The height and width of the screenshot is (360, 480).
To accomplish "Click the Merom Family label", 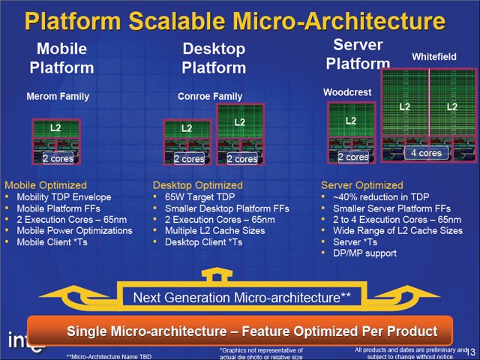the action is tap(58, 97).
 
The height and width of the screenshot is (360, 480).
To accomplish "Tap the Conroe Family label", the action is tap(210, 97).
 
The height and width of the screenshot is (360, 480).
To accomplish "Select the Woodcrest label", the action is tap(347, 92).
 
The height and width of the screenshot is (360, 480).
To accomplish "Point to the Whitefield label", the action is tap(434, 57).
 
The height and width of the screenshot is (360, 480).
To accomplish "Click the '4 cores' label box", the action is tap(426, 153).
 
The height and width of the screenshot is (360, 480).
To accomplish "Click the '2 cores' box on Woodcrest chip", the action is tap(353, 157).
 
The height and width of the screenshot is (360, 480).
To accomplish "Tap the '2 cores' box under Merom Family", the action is tap(58, 158).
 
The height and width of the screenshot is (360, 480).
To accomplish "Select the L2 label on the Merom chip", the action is tap(55, 127).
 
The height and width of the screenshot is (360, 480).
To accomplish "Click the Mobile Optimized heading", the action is tap(46, 185).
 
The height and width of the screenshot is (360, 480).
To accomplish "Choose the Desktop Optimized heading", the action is tap(198, 185).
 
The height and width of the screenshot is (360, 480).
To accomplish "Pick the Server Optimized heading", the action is tap(361, 185).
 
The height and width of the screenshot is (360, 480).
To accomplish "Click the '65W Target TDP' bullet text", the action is tap(200, 196).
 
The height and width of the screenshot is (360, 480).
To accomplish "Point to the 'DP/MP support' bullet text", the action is tap(365, 253).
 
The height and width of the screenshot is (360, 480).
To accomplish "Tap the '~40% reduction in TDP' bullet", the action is tap(381, 196).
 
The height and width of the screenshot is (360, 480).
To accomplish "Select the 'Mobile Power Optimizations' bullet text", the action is tap(74, 230).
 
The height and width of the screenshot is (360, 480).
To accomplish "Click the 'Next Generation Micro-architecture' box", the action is tap(241, 297).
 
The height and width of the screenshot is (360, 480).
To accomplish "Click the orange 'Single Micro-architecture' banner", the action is tap(240, 331).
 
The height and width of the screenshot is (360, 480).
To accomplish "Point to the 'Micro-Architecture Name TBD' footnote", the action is tap(109, 357).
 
